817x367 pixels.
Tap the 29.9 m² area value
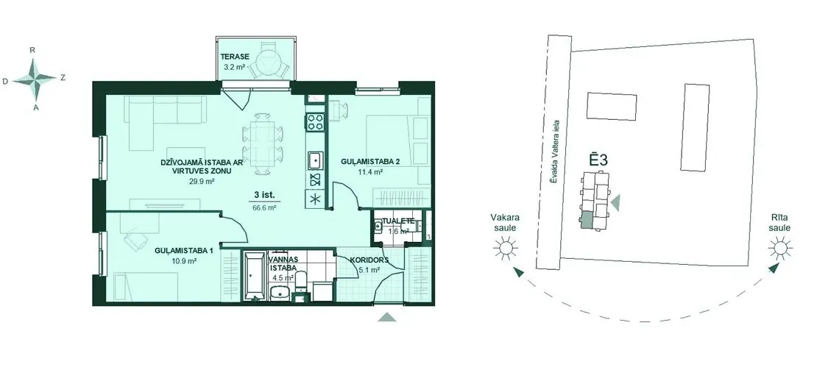click(x=202, y=182)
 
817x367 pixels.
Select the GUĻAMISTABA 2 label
click(x=370, y=161)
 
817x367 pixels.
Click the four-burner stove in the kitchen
click(x=315, y=122)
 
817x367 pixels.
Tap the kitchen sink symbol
click(x=315, y=160)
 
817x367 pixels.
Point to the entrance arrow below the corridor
click(x=386, y=317)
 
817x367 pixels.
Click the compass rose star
click(x=35, y=79)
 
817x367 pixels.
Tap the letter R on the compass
click(x=32, y=50)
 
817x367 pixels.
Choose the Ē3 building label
click(x=598, y=160)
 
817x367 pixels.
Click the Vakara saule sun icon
click(x=504, y=249)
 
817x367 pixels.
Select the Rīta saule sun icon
click(x=779, y=249)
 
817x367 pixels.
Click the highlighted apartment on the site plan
click(x=586, y=220)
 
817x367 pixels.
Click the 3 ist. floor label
click(x=265, y=195)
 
